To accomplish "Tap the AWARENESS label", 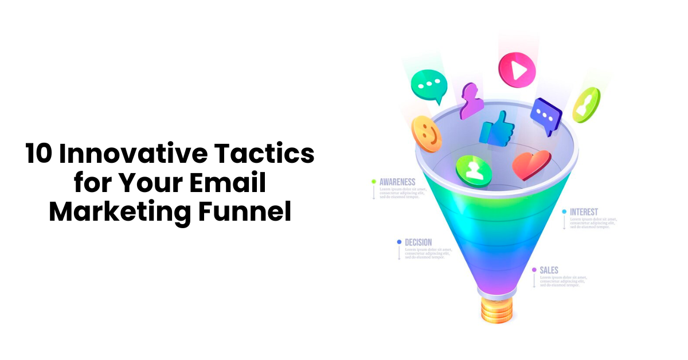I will (397, 182).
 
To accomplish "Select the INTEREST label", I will (584, 212).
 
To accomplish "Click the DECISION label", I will (418, 242).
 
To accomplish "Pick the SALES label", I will (549, 270).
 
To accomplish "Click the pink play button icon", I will (517, 70).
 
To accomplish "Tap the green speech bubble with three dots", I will (428, 86).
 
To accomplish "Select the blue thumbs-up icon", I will (497, 128).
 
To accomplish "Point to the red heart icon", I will (531, 165).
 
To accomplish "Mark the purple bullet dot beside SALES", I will (534, 269).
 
